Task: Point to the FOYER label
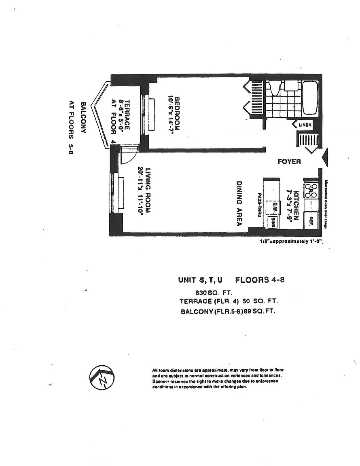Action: [289, 162]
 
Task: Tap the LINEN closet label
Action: [305, 125]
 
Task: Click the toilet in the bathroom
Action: [274, 87]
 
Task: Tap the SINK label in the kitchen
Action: [274, 222]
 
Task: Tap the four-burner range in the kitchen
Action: [311, 190]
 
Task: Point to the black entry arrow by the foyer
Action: [326, 157]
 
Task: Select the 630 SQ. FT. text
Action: [213, 292]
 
